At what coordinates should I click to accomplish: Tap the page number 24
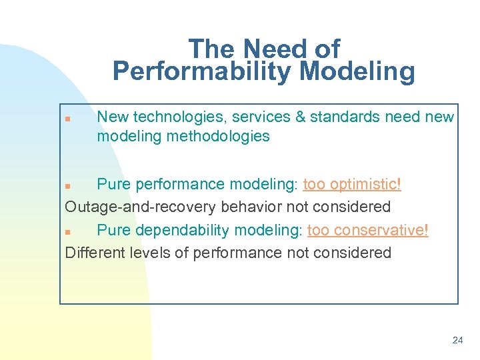click(457, 340)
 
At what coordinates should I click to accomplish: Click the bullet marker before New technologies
click(67, 118)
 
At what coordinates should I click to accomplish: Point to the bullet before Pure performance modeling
click(67, 185)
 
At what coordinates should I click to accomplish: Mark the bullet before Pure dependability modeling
click(67, 231)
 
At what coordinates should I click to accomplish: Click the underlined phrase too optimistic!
click(352, 184)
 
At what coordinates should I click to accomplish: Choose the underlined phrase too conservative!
click(367, 230)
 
